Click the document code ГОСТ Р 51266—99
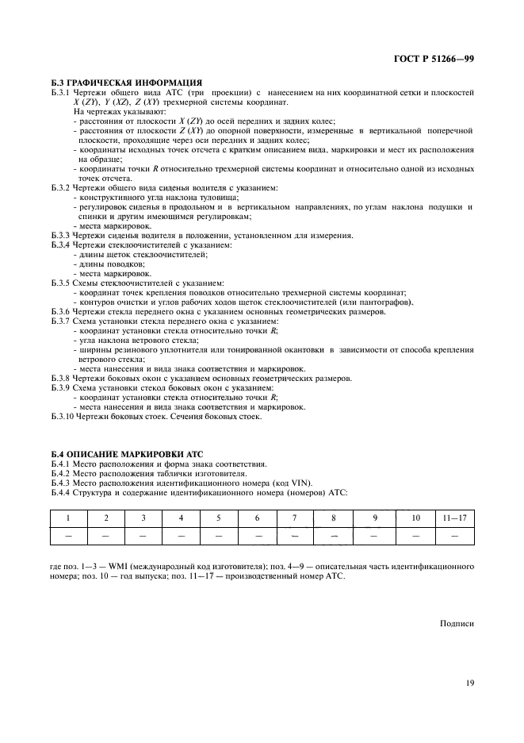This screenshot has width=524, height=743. [435, 60]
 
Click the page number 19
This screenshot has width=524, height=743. [469, 680]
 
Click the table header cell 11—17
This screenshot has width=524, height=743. [454, 518]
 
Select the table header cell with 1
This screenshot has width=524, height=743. [68, 518]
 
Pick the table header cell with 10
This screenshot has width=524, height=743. [415, 518]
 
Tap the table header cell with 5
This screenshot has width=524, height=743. [219, 518]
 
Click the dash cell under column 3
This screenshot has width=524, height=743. [143, 537]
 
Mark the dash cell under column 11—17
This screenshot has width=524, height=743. [454, 537]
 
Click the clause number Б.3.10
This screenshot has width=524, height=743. [63, 416]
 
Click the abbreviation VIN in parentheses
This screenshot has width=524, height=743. [300, 483]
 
